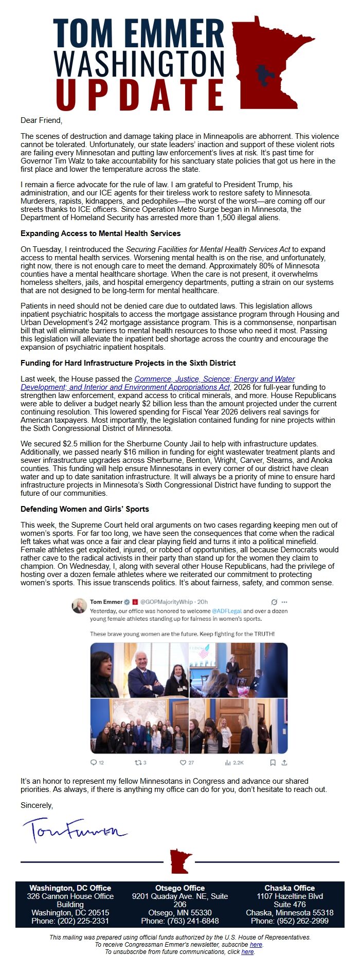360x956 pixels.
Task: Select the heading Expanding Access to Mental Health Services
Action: coord(100,233)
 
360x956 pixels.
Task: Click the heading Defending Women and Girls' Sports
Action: coord(85,509)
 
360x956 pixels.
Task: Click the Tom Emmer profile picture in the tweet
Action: coord(79,606)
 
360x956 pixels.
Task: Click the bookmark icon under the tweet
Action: coord(273,763)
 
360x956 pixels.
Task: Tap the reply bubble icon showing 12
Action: coord(94,763)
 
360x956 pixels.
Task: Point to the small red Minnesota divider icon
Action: coord(181,862)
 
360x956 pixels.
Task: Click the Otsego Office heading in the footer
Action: coord(180,888)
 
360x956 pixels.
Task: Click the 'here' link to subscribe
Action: coord(256,945)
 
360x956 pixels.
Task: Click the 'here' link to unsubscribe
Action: coord(247,952)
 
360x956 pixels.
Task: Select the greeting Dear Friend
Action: coord(41,120)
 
